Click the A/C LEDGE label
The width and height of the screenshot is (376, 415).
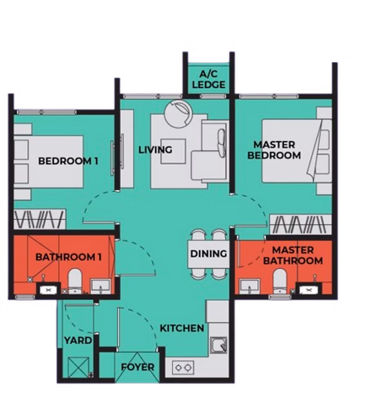pyautogui.click(x=209, y=79)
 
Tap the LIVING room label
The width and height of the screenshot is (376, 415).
pyautogui.click(x=155, y=150)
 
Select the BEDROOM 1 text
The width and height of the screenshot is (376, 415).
pyautogui.click(x=68, y=161)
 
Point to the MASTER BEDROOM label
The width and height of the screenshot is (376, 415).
pyautogui.click(x=274, y=150)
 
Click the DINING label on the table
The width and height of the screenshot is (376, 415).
pyautogui.click(x=209, y=253)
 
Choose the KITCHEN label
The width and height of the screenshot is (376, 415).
pyautogui.click(x=182, y=328)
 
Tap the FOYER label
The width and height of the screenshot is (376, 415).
pyautogui.click(x=138, y=367)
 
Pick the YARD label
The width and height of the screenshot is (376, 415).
pyautogui.click(x=78, y=341)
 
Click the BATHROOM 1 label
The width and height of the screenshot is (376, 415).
pyautogui.click(x=68, y=257)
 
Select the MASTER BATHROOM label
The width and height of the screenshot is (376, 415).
pyautogui.click(x=293, y=255)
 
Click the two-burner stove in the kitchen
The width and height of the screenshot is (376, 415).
pyautogui.click(x=183, y=368)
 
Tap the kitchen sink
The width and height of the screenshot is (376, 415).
pyautogui.click(x=218, y=345)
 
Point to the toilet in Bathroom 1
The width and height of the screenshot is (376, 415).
pyautogui.click(x=74, y=281)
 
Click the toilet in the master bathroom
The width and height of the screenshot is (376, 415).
pyautogui.click(x=280, y=281)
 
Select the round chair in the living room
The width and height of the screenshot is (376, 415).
pyautogui.click(x=178, y=114)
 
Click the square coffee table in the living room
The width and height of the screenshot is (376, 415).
pyautogui.click(x=173, y=151)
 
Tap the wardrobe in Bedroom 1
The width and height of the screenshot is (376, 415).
pyautogui.click(x=39, y=219)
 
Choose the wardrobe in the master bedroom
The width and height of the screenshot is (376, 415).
pyautogui.click(x=300, y=224)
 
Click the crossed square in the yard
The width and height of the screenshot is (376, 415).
pyautogui.click(x=78, y=367)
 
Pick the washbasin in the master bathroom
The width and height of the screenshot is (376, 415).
pyautogui.click(x=249, y=287)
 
